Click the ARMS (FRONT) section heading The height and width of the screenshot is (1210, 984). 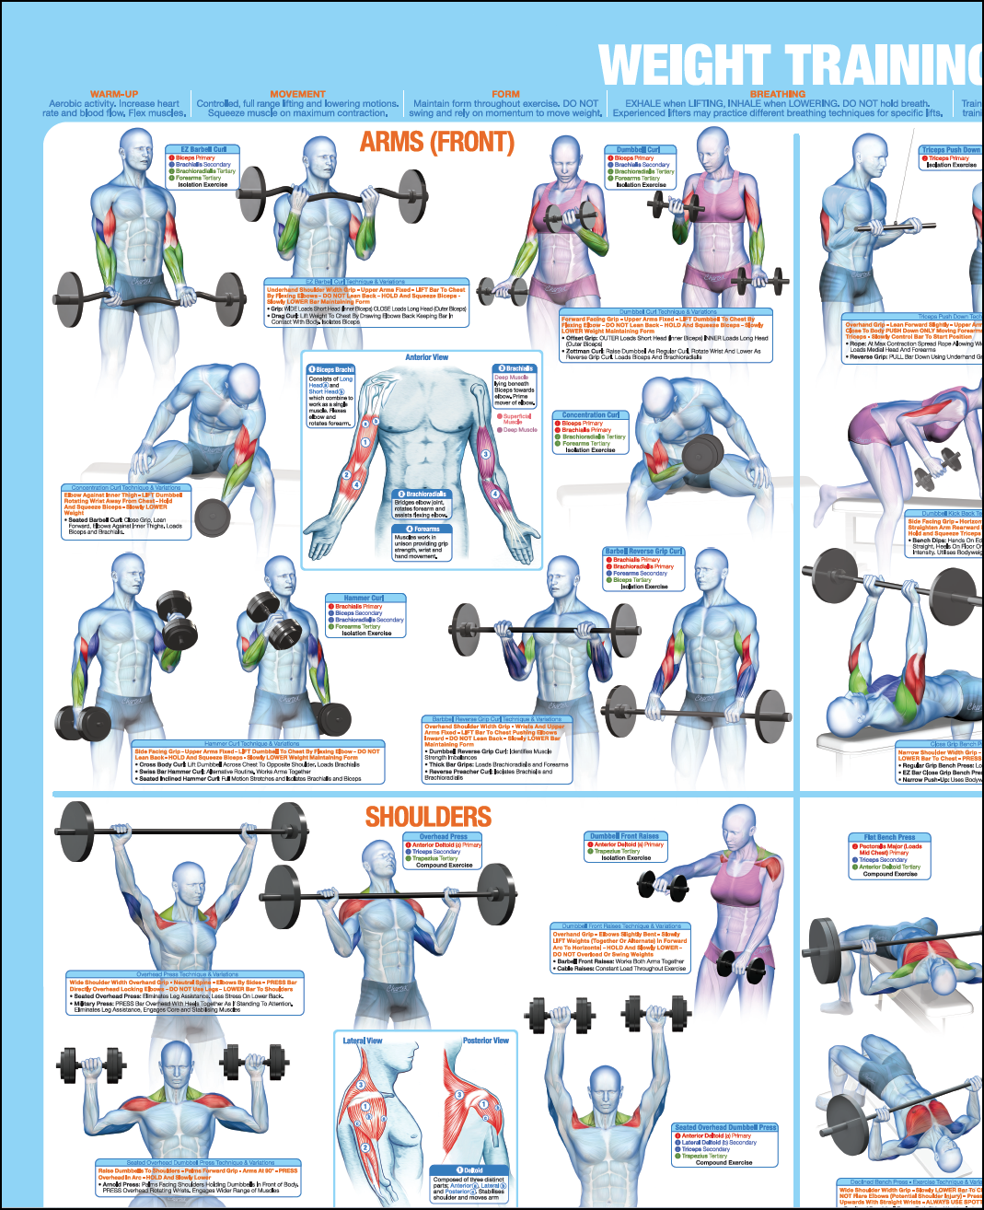(436, 142)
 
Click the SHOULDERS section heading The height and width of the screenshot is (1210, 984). (428, 817)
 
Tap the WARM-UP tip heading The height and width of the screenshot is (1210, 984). (114, 94)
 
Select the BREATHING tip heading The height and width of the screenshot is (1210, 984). (777, 94)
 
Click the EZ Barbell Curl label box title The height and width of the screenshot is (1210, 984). (203, 149)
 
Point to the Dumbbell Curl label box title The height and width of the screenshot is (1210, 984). (638, 149)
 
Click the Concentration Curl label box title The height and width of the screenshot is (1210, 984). (590, 415)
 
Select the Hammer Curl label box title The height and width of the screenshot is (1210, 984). (364, 598)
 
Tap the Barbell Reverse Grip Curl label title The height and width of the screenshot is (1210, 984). (643, 552)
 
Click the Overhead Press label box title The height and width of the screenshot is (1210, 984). (444, 837)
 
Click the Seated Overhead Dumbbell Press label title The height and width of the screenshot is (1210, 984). (725, 1127)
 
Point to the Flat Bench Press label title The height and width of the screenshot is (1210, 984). (889, 838)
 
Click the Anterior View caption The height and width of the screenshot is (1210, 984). (427, 357)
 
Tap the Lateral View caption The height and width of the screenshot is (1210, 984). (363, 1041)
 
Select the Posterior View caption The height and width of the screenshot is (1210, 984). (486, 1041)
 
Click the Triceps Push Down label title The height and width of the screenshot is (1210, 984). (951, 150)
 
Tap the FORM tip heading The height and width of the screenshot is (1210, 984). (505, 94)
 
